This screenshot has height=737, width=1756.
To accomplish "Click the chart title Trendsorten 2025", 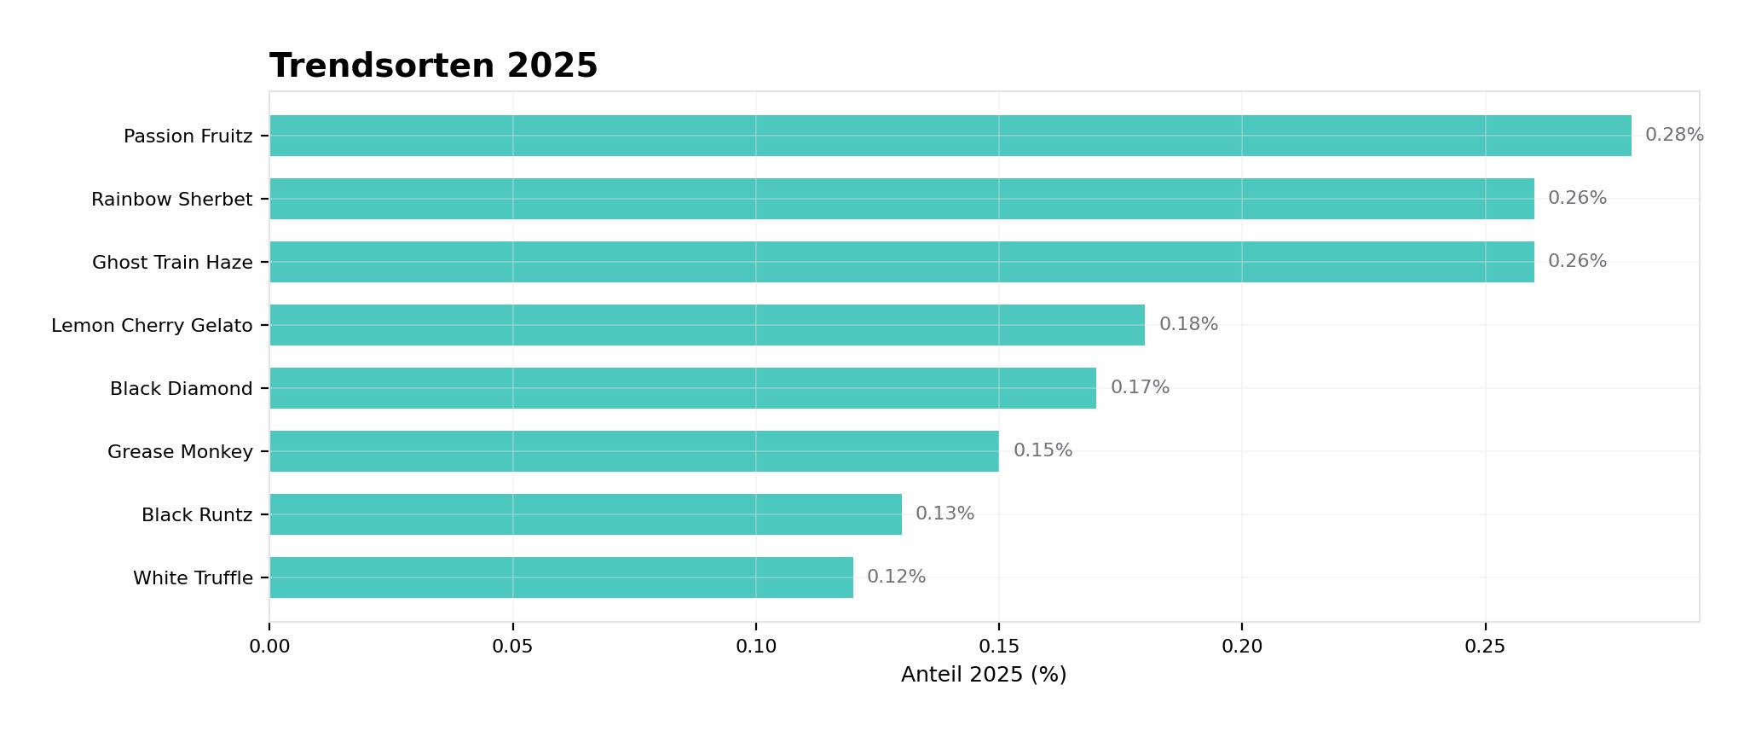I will click(433, 66).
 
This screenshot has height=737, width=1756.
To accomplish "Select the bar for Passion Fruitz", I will click(950, 136).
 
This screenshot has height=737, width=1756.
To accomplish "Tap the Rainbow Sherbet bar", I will click(901, 199).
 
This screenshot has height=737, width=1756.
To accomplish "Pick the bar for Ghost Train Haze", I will click(901, 262).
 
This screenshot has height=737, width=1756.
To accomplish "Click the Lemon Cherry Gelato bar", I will click(707, 325).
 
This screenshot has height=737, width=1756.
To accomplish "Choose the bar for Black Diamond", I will click(682, 388).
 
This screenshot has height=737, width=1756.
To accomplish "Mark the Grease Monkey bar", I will click(633, 451).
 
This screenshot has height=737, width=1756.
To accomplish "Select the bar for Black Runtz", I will click(585, 514).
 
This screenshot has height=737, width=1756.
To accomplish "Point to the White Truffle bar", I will click(561, 577).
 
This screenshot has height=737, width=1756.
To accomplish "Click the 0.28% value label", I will click(1673, 135).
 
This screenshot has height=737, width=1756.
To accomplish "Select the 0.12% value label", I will click(896, 577).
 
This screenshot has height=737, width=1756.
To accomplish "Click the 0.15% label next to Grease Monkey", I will click(1042, 450).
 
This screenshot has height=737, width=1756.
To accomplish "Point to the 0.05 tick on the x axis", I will click(512, 647).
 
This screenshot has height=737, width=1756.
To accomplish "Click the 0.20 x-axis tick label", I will click(1241, 647).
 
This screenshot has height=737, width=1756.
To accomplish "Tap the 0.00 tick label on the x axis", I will click(269, 647).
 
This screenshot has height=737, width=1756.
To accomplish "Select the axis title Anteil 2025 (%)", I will click(983, 675).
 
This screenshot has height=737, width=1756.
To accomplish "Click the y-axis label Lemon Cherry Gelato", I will click(152, 326).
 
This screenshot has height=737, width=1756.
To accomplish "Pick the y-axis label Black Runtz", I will click(197, 515).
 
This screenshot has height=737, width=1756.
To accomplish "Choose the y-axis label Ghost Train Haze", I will click(172, 263).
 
